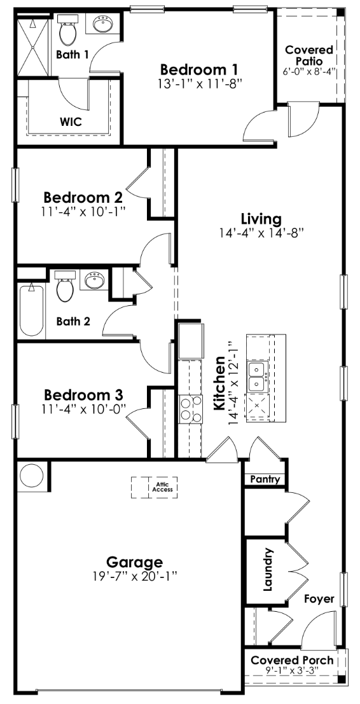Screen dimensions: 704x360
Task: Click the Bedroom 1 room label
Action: [198, 69]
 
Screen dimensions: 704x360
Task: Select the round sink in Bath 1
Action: [101, 26]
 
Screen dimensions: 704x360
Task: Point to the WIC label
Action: [71, 120]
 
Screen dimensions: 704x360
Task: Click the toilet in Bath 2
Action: [66, 286]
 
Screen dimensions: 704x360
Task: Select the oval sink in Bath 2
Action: [95, 280]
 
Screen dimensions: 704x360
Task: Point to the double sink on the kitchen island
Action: [258, 376]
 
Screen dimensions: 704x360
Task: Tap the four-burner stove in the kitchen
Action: [188, 408]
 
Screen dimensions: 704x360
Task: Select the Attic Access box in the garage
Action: [155, 487]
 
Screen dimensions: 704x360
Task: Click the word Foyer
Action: [319, 598]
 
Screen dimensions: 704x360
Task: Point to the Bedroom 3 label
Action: [83, 395]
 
